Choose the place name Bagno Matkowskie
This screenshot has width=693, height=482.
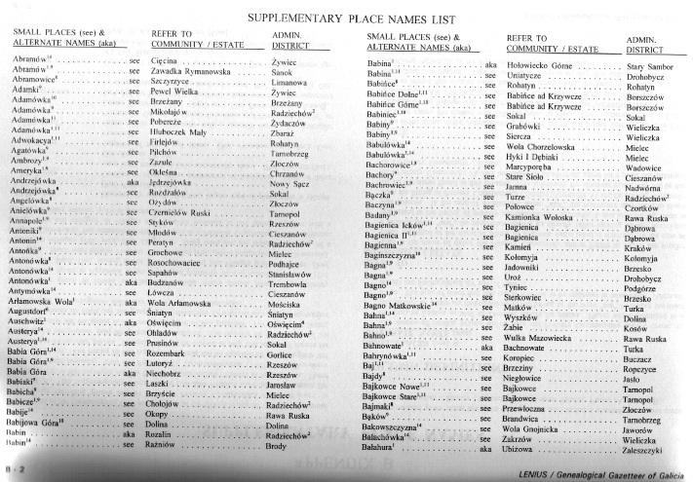(396, 304)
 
